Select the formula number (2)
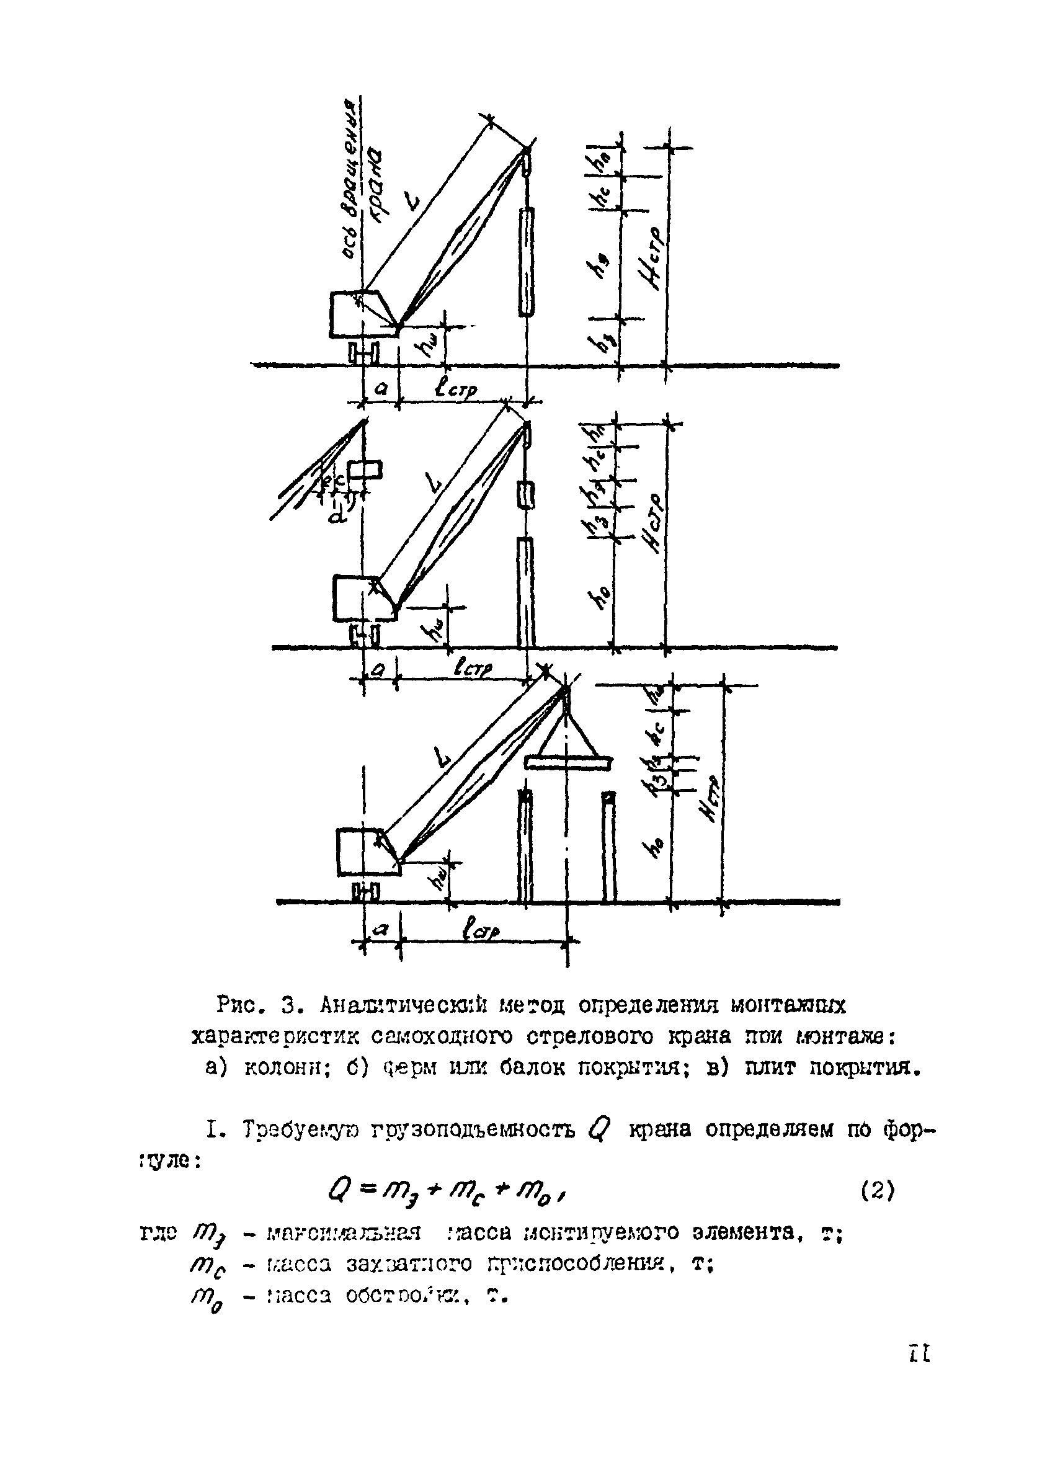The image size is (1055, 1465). (878, 1190)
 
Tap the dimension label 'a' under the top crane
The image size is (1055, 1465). (381, 388)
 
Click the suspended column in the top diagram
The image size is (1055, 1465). (527, 262)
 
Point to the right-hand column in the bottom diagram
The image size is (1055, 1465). (608, 846)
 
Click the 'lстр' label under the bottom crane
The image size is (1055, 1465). (481, 930)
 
